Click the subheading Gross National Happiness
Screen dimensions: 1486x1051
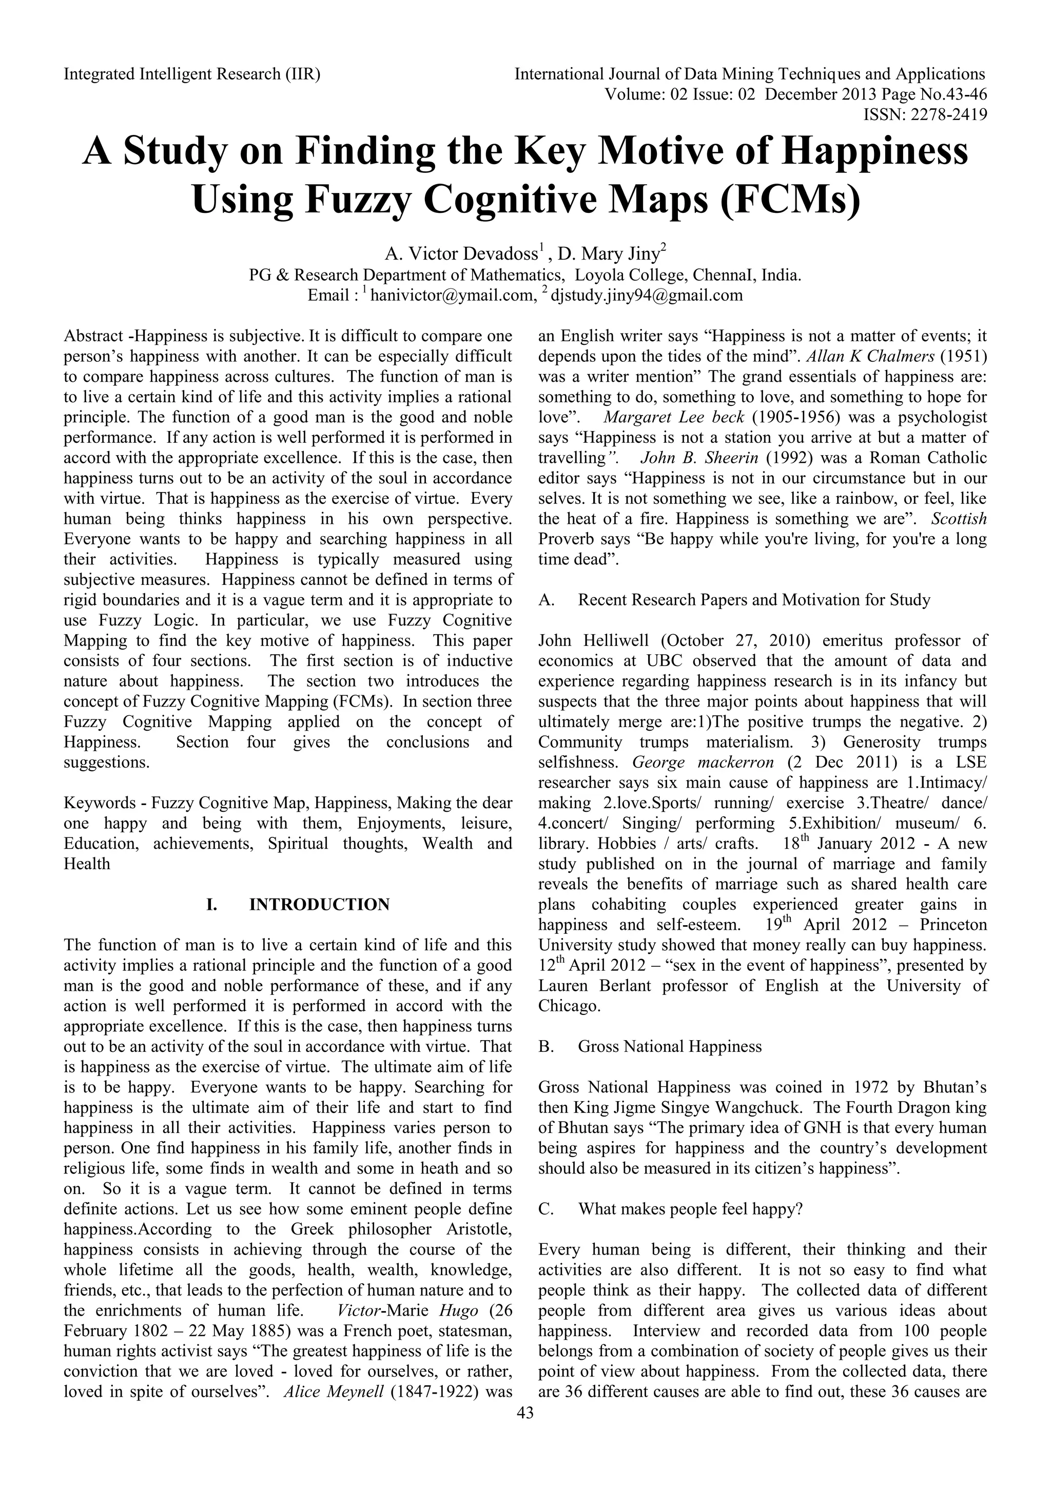tap(669, 1047)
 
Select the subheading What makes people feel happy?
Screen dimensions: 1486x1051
tap(690, 1209)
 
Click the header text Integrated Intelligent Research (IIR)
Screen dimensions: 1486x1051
tap(192, 74)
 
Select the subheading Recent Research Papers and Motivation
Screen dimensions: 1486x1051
tap(753, 600)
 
